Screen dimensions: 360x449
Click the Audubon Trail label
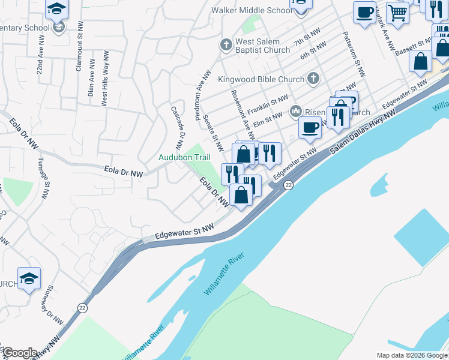tap(184, 157)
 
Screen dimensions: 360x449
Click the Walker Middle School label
tap(252, 10)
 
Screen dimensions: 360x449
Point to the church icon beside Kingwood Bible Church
tap(313, 78)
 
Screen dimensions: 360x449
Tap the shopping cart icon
tap(397, 11)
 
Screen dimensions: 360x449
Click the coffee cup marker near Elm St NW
tap(310, 127)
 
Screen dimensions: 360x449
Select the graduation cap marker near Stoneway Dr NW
tap(29, 278)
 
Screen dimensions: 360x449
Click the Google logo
tap(19, 353)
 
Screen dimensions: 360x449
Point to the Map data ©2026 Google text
tap(411, 355)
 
